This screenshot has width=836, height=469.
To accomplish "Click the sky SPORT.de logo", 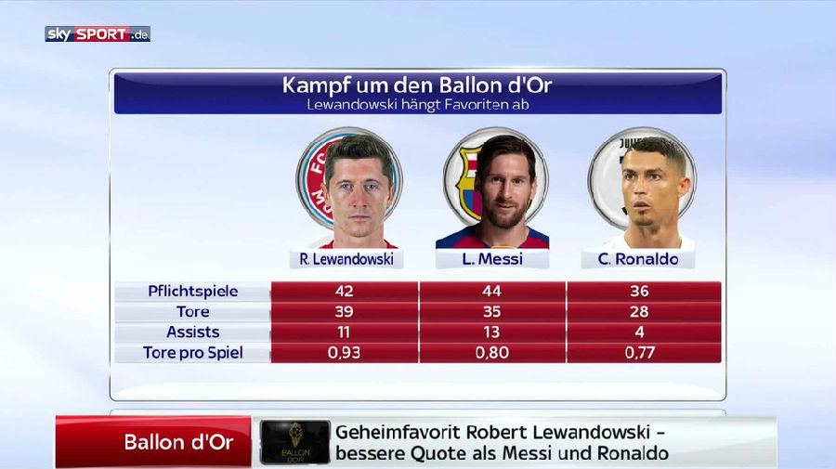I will click(97, 33).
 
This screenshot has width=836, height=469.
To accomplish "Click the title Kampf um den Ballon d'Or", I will click(417, 85).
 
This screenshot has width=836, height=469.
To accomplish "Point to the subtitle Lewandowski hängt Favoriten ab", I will click(417, 105).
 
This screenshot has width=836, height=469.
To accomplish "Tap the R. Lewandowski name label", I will click(346, 259).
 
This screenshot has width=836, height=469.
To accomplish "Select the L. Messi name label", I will click(492, 259).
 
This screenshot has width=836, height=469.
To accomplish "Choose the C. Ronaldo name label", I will click(638, 259).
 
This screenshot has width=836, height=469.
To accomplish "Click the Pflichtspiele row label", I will click(192, 291).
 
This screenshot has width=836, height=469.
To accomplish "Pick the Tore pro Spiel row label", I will click(192, 353).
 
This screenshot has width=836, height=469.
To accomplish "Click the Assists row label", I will click(192, 332).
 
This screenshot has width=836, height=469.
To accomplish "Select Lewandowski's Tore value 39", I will click(344, 311).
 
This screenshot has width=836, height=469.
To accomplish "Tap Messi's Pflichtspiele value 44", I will click(492, 291).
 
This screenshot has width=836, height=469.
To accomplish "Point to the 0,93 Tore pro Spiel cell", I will click(344, 353).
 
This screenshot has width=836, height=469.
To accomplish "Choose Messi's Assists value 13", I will click(492, 332).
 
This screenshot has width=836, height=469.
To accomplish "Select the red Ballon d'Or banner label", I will click(178, 442).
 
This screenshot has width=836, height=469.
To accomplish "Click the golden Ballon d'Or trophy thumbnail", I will click(294, 442).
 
